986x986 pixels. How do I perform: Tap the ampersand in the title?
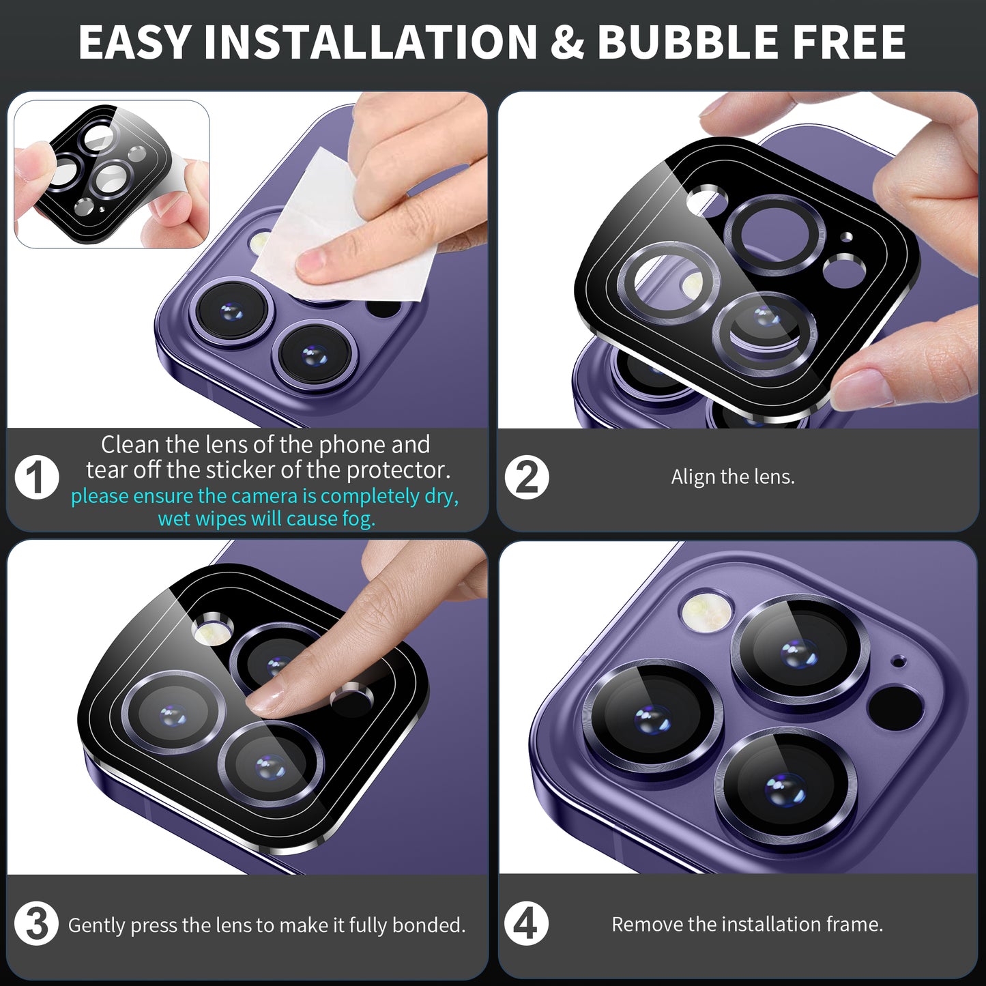click(567, 42)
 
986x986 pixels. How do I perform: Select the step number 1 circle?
click(37, 477)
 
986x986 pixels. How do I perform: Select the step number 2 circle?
click(527, 477)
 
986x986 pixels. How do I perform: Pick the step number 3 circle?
click(37, 925)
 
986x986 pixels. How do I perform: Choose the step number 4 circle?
click(526, 924)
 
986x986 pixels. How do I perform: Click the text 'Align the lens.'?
click(733, 477)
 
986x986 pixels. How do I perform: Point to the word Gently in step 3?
click(97, 926)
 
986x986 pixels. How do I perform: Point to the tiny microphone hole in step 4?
click(898, 662)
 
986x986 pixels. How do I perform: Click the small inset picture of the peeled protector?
click(111, 174)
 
